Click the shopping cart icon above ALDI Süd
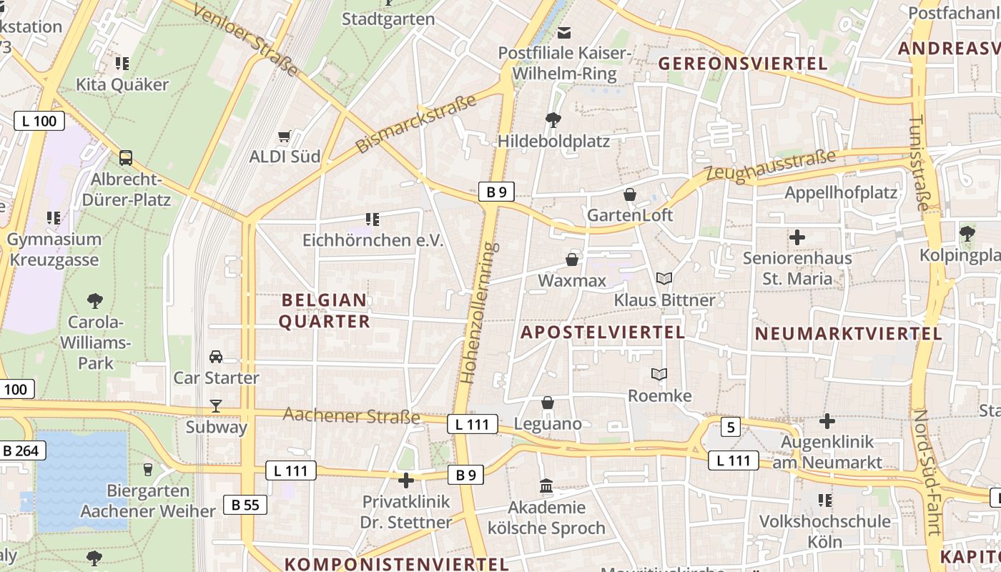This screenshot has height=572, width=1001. [x=285, y=135]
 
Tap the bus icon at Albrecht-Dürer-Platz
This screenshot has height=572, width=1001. [x=126, y=157]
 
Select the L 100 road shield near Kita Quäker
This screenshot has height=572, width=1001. [x=39, y=121]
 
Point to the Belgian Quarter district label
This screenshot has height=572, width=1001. [x=325, y=310]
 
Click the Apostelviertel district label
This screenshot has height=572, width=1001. [x=603, y=332]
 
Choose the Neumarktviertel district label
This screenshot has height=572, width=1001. [x=849, y=333]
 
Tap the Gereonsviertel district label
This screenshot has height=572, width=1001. [x=743, y=64]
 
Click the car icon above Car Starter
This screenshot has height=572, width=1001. [x=216, y=356]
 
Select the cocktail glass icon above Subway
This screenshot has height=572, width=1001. [x=216, y=406]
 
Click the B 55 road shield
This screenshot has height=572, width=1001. [x=245, y=505]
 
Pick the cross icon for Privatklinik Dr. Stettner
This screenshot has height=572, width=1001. [x=406, y=480]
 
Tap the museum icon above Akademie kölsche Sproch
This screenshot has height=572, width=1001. [x=546, y=486]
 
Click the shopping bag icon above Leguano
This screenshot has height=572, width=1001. [x=548, y=403]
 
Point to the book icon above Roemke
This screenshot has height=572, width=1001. [x=659, y=374]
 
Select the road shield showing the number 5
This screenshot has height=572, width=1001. [x=729, y=428]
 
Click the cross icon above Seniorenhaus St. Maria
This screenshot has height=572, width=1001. [x=797, y=237]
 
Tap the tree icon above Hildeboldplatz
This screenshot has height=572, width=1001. [x=553, y=119]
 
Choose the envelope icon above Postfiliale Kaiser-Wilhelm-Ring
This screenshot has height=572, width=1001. [x=565, y=32]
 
